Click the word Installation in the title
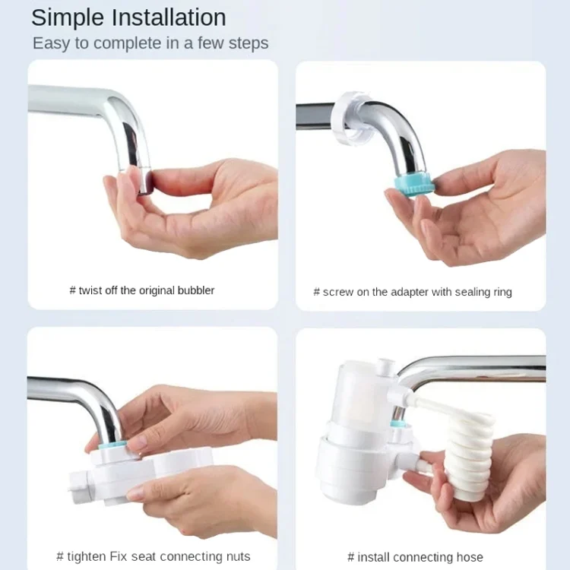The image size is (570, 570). tap(169, 17)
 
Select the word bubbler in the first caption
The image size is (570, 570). tap(195, 290)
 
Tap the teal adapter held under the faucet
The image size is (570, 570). tap(414, 185)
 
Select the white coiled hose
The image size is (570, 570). tap(469, 454)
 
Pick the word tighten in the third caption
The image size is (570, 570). tap(87, 557)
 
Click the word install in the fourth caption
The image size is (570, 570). tap(373, 557)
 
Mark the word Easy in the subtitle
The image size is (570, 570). tap(51, 44)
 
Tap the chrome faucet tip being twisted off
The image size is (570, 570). tap(144, 181)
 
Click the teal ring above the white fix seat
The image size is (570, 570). tap(112, 445)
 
